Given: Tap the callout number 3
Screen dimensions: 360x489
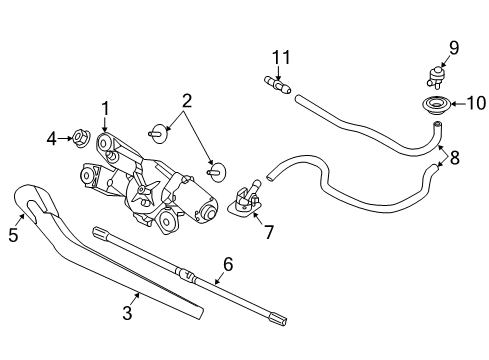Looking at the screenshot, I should point(127,312).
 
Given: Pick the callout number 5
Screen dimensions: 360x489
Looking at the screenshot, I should point(13,236).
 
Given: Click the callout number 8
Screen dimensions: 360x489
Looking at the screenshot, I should point(455,156).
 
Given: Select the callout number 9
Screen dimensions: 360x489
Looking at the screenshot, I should point(453,46).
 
